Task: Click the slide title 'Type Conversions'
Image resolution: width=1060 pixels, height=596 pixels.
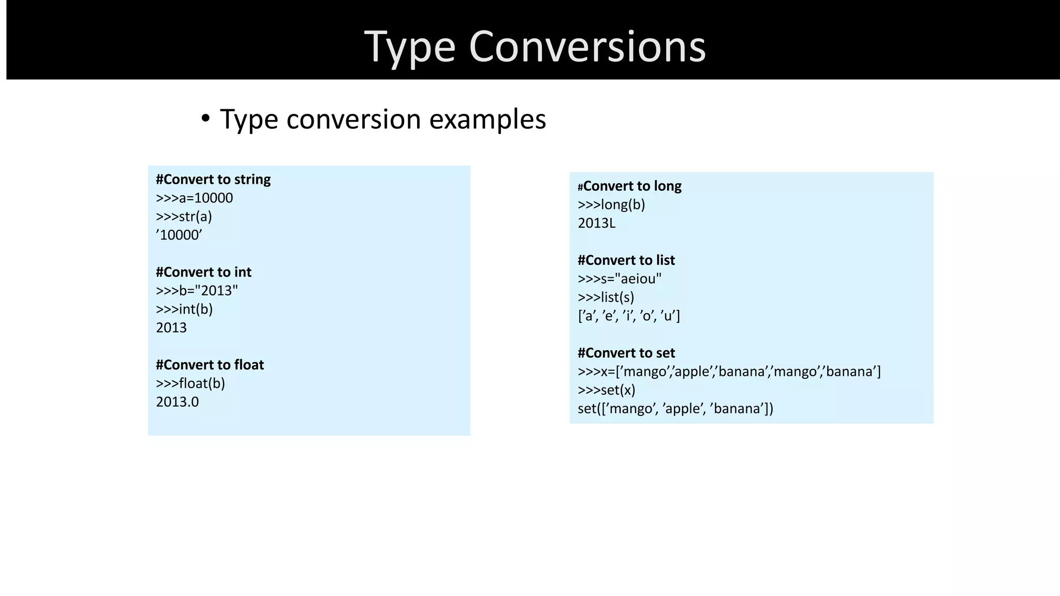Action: pos(535,47)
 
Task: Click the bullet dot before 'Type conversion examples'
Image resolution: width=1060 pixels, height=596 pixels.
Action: pos(206,119)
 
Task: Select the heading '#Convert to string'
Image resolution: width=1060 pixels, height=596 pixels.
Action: pos(213,180)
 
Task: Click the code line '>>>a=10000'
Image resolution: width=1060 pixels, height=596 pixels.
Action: pos(195,198)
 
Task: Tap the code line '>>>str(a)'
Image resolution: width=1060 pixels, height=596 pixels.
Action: pos(184,217)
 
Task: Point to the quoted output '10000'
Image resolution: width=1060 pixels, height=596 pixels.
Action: pos(179,235)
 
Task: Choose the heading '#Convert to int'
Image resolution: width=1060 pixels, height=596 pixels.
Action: pos(203,272)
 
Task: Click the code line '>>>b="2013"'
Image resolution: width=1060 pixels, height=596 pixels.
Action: pos(197,291)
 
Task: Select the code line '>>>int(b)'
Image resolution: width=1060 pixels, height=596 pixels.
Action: pos(184,309)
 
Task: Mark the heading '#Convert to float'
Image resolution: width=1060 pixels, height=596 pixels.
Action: pos(210,365)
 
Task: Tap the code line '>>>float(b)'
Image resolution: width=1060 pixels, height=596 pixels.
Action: pos(190,383)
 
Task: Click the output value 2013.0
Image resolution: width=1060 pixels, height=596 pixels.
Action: pos(178,402)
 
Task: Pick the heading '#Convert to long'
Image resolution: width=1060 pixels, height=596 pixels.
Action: pos(630,186)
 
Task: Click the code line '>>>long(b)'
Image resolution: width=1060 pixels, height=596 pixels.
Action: pos(611,205)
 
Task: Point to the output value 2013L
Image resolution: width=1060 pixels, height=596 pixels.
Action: pos(597,224)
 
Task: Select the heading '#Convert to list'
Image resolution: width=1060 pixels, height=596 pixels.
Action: pos(626,260)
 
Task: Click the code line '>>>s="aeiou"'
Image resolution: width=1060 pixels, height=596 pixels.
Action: pos(620,279)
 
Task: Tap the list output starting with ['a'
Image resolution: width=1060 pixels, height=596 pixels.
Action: pos(629,316)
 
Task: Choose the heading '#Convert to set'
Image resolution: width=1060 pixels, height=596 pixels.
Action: pos(626,353)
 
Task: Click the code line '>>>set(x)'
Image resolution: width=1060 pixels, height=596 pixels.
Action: pos(607,390)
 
